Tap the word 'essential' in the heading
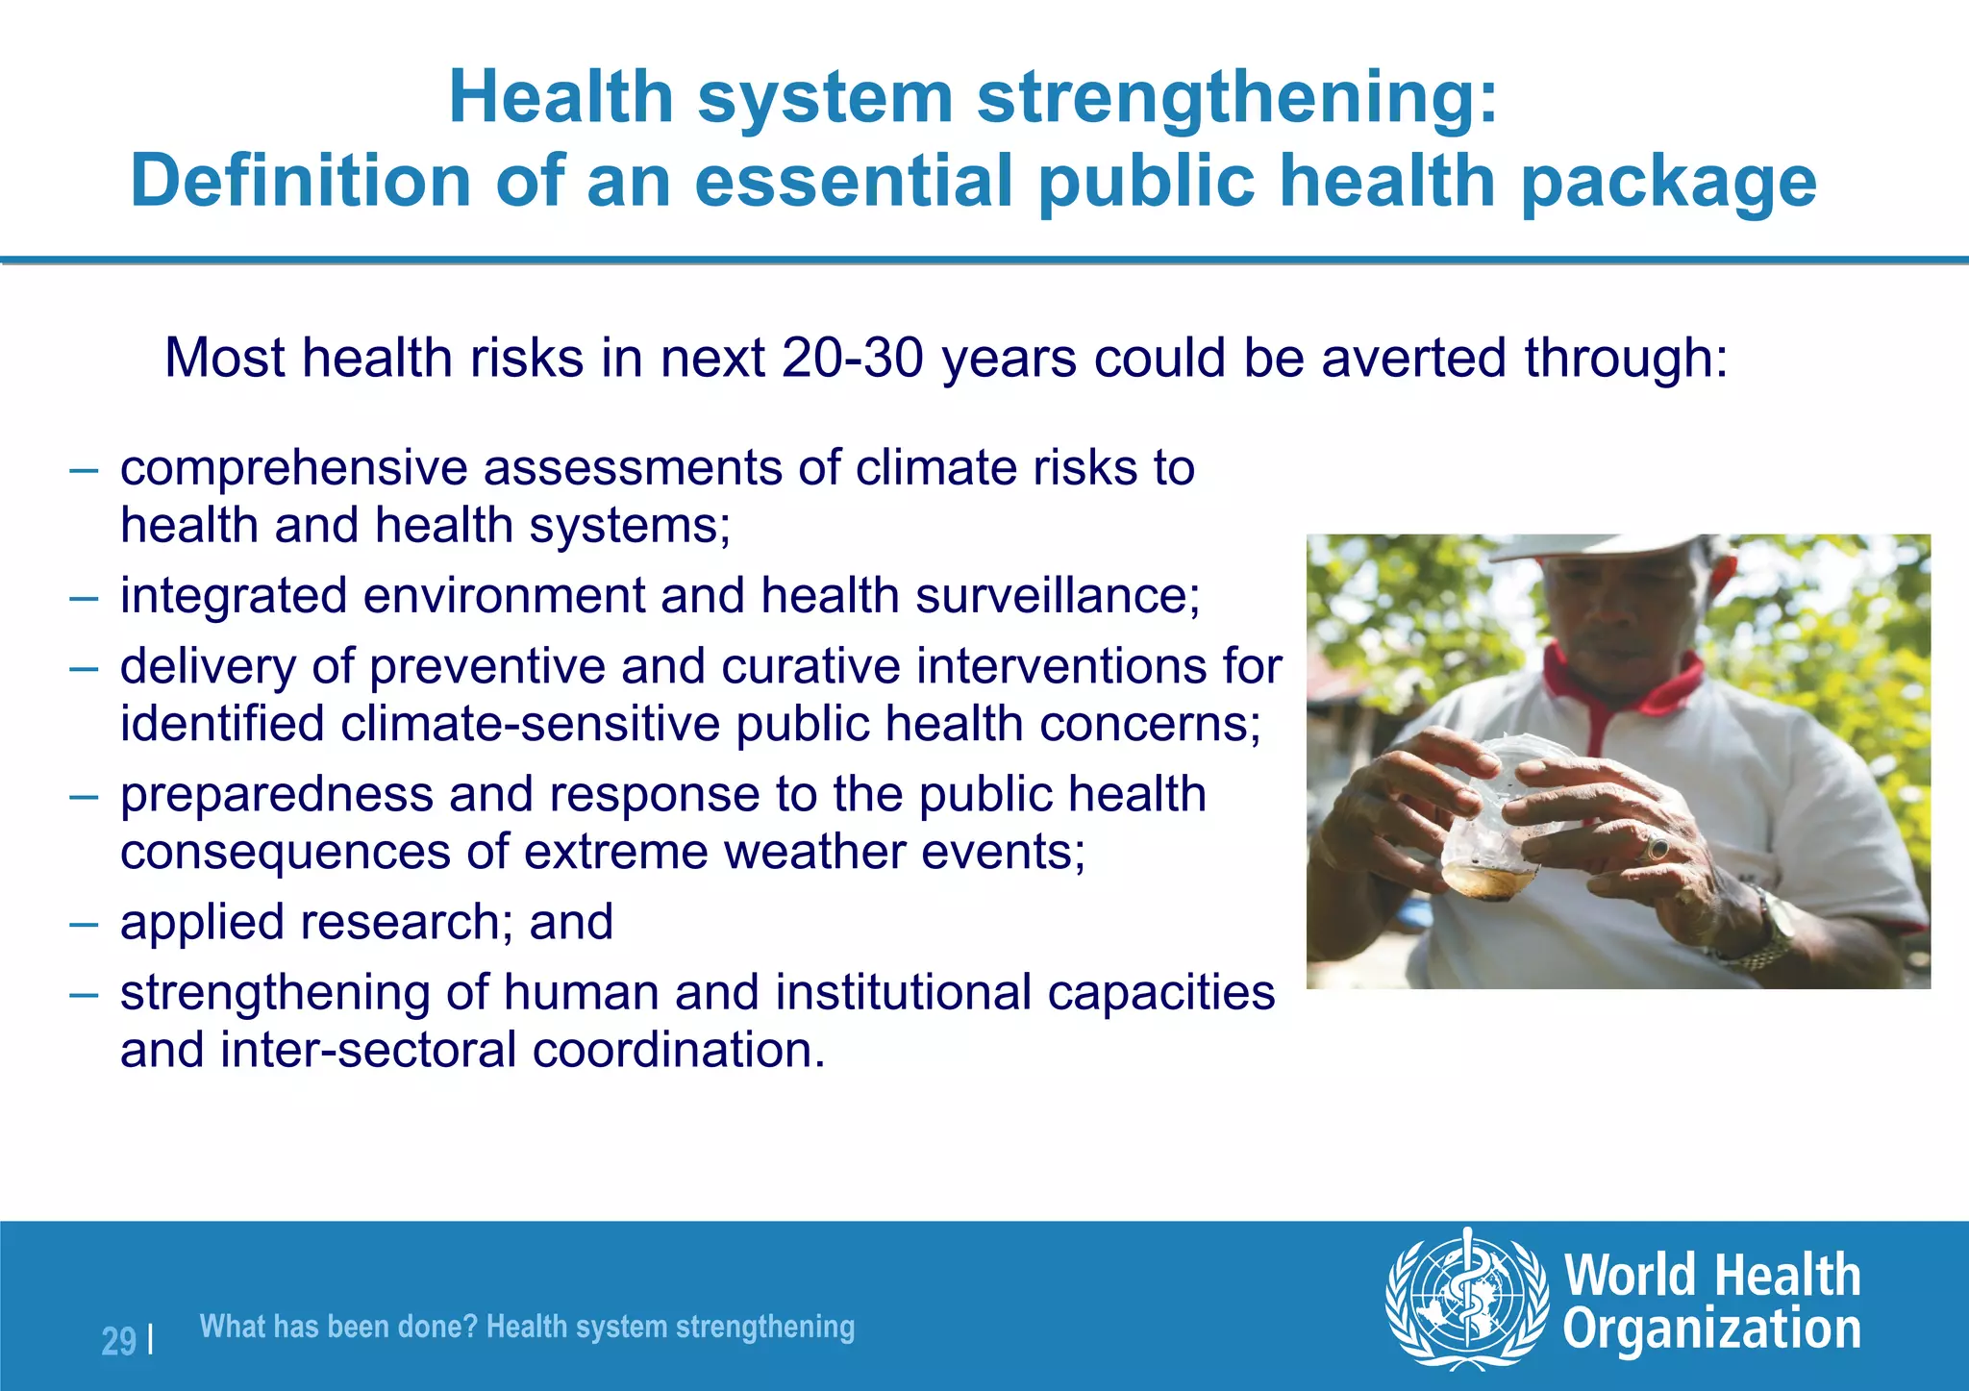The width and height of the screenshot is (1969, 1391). tap(853, 181)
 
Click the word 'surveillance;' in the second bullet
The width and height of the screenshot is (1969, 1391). tap(1057, 596)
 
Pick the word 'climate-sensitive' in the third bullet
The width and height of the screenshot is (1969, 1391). tap(530, 724)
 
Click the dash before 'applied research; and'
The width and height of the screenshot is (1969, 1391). tap(84, 924)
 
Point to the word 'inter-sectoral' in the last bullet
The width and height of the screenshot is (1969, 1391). tap(368, 1050)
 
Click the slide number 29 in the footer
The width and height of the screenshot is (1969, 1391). tap(118, 1341)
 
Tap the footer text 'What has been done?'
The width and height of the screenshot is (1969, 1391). tap(338, 1327)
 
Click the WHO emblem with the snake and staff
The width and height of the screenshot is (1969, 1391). tap(1466, 1299)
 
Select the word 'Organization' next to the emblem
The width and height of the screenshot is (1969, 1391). tap(1711, 1329)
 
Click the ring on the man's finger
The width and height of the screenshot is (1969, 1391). tap(1657, 848)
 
